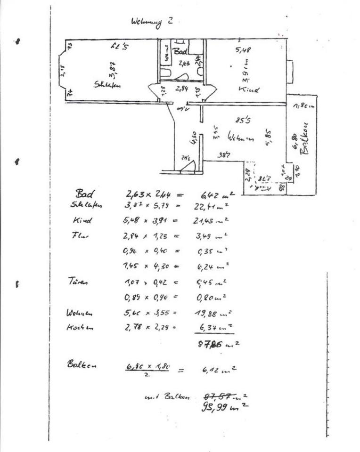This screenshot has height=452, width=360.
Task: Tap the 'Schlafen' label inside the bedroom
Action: coord(107,85)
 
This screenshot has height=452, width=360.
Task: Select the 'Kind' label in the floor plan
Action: coord(249,89)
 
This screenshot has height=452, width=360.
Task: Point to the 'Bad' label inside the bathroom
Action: coord(180,51)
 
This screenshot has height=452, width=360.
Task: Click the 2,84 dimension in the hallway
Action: coord(182,88)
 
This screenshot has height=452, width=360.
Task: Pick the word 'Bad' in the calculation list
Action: coord(85,193)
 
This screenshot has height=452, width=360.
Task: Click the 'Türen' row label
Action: coord(79,282)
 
